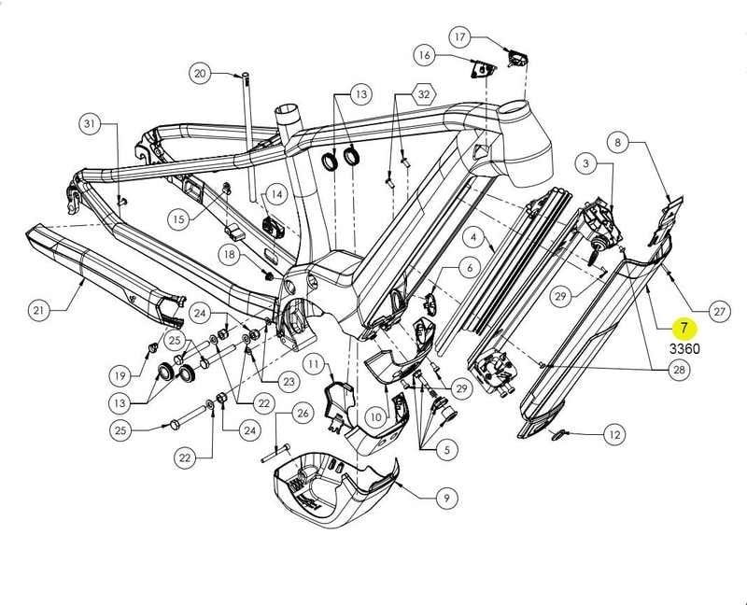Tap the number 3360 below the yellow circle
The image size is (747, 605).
click(684, 349)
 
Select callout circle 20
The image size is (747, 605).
click(200, 73)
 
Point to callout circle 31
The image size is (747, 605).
click(90, 124)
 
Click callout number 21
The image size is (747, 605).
click(38, 311)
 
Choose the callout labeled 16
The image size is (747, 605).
click(425, 55)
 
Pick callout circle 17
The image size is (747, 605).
click(460, 37)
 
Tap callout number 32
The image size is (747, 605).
click(424, 94)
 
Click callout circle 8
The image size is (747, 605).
click(617, 143)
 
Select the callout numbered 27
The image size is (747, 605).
click(720, 311)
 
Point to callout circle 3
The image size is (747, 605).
click(585, 164)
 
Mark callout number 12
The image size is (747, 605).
click(613, 434)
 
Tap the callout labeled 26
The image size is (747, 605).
click(302, 413)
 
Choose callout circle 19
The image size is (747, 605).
click(120, 376)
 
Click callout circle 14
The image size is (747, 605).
click(276, 193)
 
